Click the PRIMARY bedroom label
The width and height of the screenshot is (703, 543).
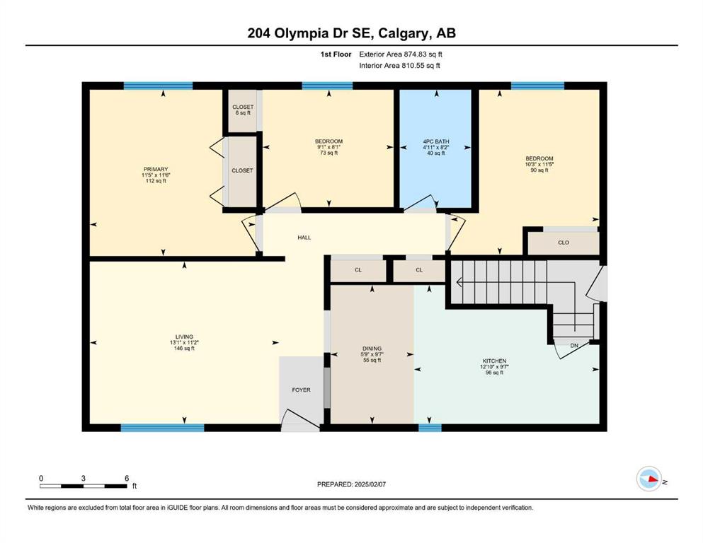tap(156, 169)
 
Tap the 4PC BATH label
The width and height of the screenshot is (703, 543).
tap(436, 141)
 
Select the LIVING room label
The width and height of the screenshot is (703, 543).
tap(184, 337)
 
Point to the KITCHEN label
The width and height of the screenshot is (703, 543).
tap(495, 361)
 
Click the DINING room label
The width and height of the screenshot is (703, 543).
tap(372, 349)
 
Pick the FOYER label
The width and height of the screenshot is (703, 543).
tap(302, 390)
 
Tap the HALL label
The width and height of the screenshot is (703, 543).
tap(304, 238)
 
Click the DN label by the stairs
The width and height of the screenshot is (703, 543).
tap(574, 346)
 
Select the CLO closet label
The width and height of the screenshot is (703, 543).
tap(564, 243)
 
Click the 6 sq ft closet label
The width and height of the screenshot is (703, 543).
tap(243, 113)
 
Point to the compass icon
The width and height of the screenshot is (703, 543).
tap(649, 479)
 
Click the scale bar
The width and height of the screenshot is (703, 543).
tap(84, 486)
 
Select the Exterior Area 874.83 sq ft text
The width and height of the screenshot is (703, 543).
tap(401, 54)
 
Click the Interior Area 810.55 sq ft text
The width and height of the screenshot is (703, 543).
tap(399, 65)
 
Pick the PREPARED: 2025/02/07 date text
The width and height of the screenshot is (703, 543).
tap(351, 484)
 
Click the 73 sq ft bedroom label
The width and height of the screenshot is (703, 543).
tap(328, 153)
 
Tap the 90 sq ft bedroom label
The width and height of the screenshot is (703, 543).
tap(539, 170)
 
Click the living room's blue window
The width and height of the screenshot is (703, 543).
tap(162, 428)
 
